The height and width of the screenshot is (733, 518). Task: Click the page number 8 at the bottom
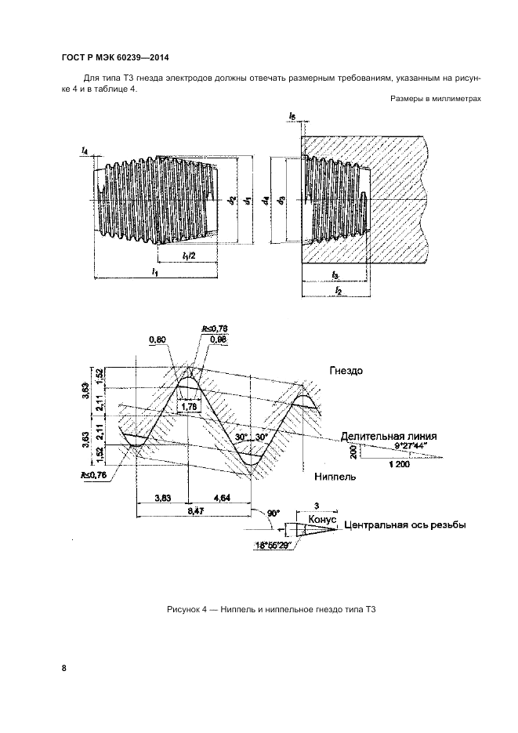[x=63, y=668]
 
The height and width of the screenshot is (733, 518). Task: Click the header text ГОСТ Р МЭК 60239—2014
[x=114, y=58]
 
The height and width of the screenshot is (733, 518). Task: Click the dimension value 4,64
[x=220, y=497]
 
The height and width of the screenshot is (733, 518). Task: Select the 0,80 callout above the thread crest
[x=158, y=339]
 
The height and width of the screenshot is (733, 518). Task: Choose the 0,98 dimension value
[x=218, y=339]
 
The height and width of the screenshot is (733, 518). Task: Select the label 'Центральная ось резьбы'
[x=406, y=525]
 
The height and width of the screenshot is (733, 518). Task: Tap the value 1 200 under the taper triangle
[x=398, y=464]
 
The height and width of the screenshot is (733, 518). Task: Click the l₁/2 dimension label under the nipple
[x=188, y=256]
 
